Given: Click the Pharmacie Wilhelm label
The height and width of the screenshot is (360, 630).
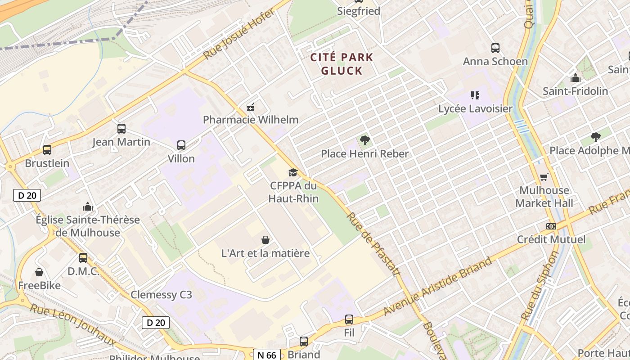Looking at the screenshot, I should click(x=251, y=120).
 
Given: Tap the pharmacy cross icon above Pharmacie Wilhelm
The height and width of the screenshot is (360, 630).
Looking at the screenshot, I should click(x=251, y=108).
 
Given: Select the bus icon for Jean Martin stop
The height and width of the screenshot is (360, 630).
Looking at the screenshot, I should click(x=121, y=129).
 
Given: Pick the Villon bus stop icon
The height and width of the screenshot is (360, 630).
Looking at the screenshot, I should click(x=181, y=145).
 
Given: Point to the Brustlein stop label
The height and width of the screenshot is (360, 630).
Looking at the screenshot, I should click(x=47, y=163).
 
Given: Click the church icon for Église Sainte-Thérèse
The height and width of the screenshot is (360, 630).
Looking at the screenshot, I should click(x=88, y=207).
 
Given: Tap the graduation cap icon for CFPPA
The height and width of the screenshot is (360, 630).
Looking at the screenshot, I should click(x=293, y=173).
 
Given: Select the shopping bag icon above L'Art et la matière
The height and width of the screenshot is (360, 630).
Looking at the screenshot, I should click(x=265, y=240).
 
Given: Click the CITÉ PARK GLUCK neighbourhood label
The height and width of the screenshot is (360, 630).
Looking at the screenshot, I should click(x=342, y=64).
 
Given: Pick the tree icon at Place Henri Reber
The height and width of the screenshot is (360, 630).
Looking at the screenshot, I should click(x=365, y=140).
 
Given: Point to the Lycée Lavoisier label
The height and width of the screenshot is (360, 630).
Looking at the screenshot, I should click(x=475, y=108).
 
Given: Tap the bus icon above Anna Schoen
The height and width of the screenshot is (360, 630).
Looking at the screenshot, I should click(x=495, y=48).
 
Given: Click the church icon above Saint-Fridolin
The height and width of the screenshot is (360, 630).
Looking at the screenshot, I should click(x=575, y=78).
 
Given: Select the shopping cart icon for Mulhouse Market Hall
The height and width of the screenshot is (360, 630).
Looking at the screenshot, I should click(x=544, y=177).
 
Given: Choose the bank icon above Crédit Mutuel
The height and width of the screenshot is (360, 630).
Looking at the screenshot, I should click(x=551, y=226).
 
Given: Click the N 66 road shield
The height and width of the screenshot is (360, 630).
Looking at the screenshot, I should click(x=267, y=355).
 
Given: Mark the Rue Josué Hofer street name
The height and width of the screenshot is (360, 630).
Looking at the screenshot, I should click(x=239, y=34).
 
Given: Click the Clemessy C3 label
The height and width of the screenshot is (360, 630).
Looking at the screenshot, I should click(x=161, y=295).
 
